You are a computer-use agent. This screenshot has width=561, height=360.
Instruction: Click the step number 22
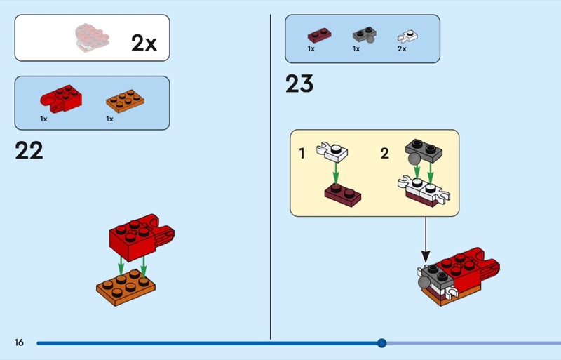point(29,150)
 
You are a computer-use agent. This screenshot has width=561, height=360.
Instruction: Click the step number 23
point(299,84)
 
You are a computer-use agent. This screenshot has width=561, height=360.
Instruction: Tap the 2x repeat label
point(144,43)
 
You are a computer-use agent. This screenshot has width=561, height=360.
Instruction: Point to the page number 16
point(19,342)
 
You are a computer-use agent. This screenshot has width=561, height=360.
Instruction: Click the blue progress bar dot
point(381,343)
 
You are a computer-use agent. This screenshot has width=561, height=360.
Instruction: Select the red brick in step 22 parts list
point(62,98)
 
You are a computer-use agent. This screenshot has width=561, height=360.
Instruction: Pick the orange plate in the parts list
point(127,100)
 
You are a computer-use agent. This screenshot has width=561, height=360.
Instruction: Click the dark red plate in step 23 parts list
point(320,34)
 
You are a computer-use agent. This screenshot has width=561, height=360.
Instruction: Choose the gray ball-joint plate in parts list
point(363,35)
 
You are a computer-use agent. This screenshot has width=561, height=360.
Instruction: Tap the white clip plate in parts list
point(406,34)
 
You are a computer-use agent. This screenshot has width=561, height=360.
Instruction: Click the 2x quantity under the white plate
point(402,49)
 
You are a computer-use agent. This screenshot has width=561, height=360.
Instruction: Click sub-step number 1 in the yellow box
point(302,153)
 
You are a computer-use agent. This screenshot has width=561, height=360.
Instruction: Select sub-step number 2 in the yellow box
point(384,153)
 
